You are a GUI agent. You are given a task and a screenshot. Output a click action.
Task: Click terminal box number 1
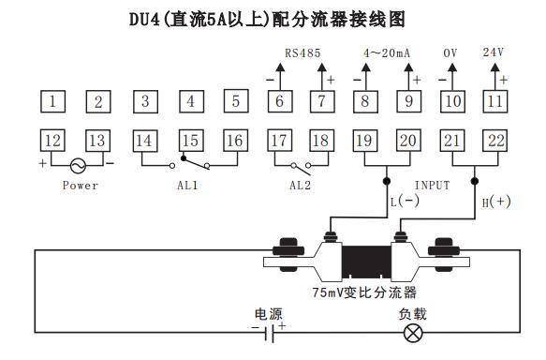[57, 100]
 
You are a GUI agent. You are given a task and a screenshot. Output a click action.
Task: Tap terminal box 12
[52, 141]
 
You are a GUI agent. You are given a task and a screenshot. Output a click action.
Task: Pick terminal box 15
[190, 141]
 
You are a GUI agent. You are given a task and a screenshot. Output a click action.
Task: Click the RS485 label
[302, 53]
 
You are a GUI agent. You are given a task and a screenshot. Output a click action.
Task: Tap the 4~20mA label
[387, 53]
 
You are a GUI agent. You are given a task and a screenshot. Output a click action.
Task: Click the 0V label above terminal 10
[450, 53]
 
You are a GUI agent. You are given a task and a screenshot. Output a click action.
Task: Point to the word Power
[81, 186]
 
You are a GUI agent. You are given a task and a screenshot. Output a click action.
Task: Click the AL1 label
[188, 186]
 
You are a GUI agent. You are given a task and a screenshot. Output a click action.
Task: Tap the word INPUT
[432, 186]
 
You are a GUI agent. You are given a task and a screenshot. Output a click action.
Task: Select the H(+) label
[496, 202]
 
